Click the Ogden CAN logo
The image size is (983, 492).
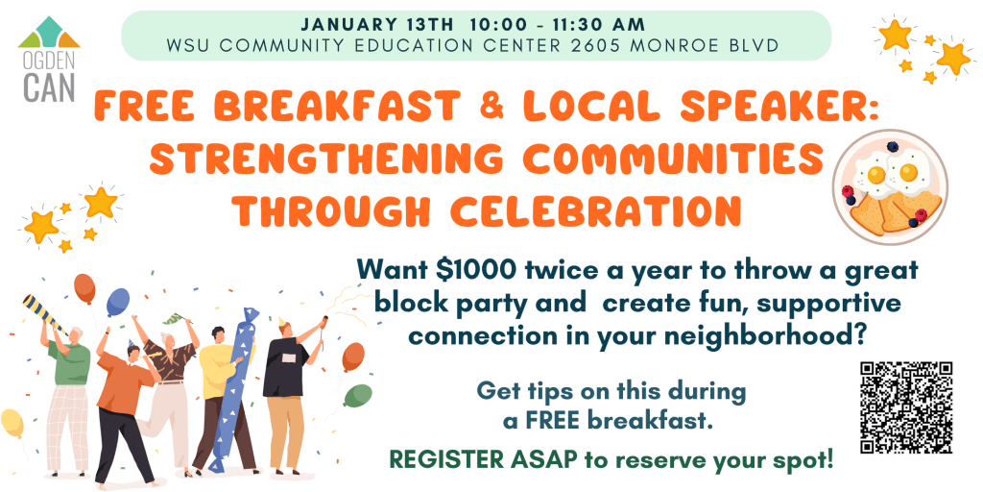(x=49, y=59)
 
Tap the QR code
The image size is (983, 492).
(x=906, y=407)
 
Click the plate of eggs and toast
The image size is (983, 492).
(x=890, y=186)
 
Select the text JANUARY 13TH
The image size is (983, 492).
(x=376, y=25)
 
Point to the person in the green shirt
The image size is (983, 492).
(x=68, y=396)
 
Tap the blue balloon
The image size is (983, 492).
(x=117, y=302)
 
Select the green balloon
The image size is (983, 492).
(x=358, y=395)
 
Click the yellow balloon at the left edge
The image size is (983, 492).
(x=12, y=423)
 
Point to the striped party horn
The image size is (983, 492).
(x=44, y=314)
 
